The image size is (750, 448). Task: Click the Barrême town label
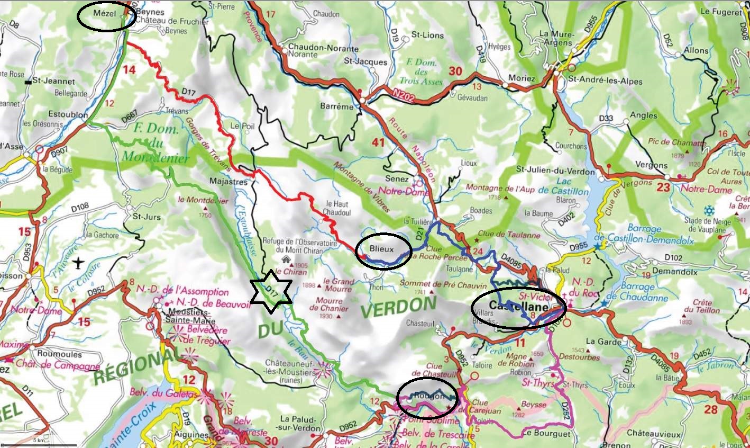coord(336,106)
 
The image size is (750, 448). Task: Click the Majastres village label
coord(228,182)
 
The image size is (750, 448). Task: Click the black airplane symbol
coord(79,262)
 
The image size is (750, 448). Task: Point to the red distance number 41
coord(378,142)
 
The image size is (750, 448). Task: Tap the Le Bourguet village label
coord(546,434)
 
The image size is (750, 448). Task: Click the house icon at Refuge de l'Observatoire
coord(286,259)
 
